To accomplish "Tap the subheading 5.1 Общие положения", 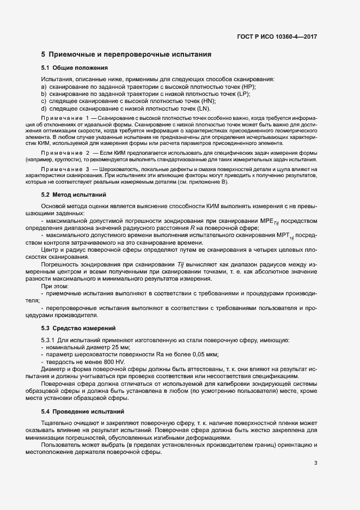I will pos(74,68).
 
